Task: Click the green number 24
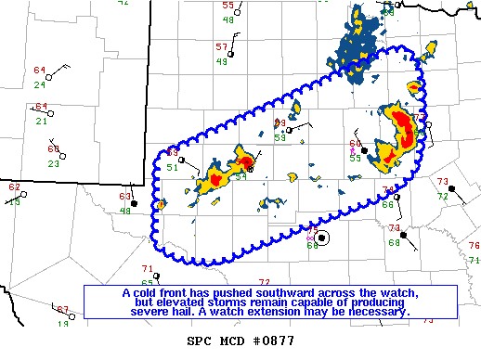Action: pos(40,84)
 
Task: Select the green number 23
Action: pos(53,163)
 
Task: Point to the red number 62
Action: pos(14,187)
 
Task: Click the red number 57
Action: pos(221,47)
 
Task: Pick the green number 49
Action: pos(222,61)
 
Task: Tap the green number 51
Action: pos(172,168)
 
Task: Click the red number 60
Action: pos(355,144)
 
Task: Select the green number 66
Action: pos(387,204)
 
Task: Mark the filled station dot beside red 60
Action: pos(364,149)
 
